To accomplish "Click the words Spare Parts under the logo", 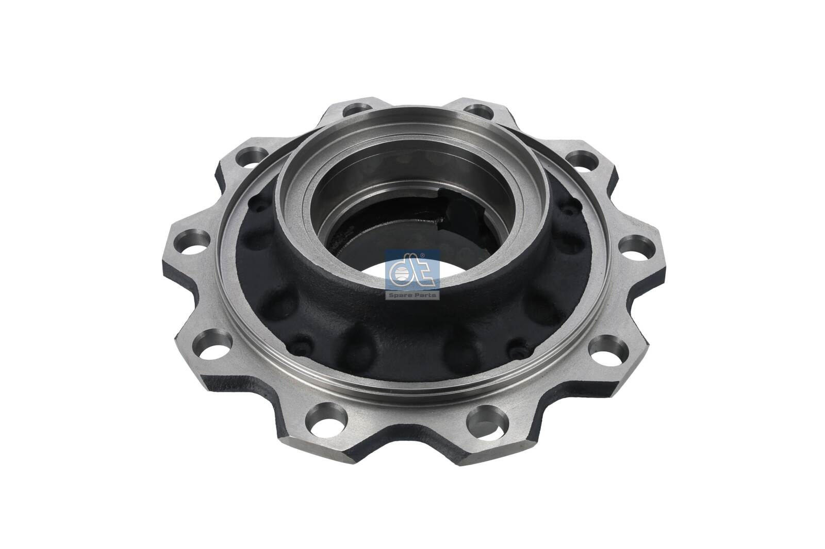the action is (x=412, y=295).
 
